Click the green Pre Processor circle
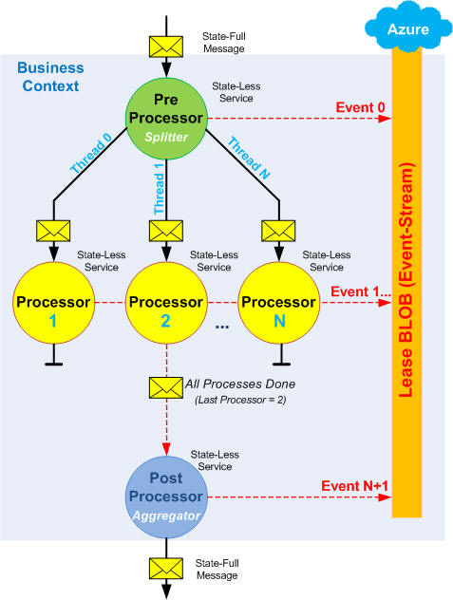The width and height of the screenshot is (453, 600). coord(166,119)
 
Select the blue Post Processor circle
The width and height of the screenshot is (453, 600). coord(166,497)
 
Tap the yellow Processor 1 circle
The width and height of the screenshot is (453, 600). coord(53,303)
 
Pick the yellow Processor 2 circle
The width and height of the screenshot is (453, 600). coord(166,303)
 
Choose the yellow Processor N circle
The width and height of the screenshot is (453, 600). coord(279,303)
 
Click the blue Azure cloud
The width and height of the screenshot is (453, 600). coord(408,26)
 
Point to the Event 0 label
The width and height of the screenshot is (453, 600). coord(360,107)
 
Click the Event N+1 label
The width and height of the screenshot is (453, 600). coord(354,486)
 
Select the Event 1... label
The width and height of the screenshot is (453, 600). coord(361,291)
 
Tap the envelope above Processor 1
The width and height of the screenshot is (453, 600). coord(53,231)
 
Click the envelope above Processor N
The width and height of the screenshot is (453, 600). coord(278,231)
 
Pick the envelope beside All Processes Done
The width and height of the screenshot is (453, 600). coord(166,388)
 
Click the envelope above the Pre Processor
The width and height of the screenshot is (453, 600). coord(166,47)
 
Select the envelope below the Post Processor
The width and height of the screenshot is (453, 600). coord(166,569)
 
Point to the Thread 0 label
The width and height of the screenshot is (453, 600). coord(91,153)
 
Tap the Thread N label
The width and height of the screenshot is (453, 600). coord(249,158)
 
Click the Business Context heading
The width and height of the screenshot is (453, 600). coord(50,77)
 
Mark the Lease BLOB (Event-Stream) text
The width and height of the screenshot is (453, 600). coord(406,280)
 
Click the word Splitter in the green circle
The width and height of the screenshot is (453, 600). coord(166,137)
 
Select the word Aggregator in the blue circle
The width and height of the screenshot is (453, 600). coord(166,516)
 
